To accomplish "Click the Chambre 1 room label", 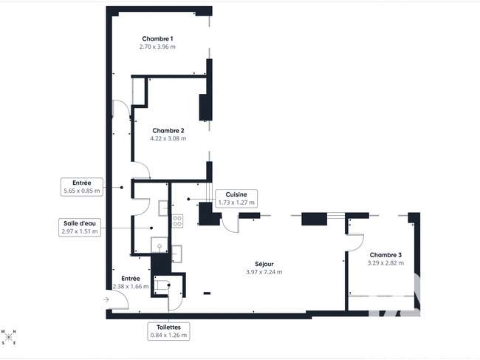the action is [x=157, y=39].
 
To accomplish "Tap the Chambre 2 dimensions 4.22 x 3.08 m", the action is [x=168, y=138].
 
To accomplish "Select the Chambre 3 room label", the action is [x=385, y=255].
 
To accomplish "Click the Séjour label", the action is [x=264, y=264].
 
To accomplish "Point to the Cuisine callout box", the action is [x=236, y=199].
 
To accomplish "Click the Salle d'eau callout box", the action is [x=80, y=228].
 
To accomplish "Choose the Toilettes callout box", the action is [x=168, y=331].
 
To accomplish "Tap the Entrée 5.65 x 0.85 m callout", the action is [x=82, y=187].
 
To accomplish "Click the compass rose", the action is [x=9, y=337].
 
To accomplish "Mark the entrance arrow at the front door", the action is [x=106, y=299].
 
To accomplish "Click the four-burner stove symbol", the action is [x=177, y=221].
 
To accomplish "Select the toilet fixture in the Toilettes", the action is [x=162, y=285].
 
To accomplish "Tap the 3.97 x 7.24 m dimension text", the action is [x=264, y=272].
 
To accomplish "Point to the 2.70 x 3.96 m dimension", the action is [x=157, y=47].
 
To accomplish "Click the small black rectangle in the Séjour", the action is [x=207, y=293].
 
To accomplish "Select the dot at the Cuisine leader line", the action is [x=188, y=199].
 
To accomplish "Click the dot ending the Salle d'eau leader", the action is [x=151, y=228].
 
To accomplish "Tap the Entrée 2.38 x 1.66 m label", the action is [x=131, y=282].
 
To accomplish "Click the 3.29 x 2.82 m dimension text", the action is [x=385, y=263].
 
